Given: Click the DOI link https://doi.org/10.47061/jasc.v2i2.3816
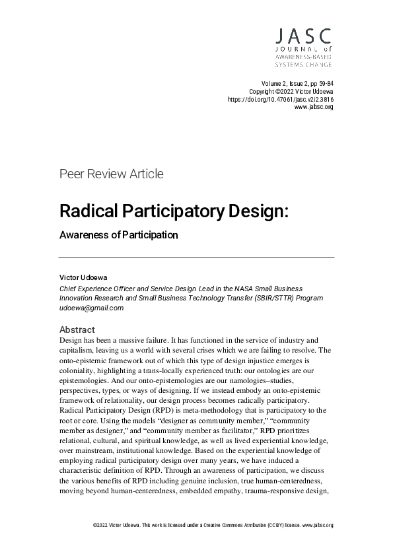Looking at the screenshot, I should (281, 98).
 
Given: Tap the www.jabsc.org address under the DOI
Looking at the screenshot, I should (314, 106).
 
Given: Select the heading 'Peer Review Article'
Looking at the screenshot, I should (111, 174).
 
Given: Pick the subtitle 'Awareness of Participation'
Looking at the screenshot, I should (119, 234).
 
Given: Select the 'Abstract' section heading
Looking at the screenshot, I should (77, 329).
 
